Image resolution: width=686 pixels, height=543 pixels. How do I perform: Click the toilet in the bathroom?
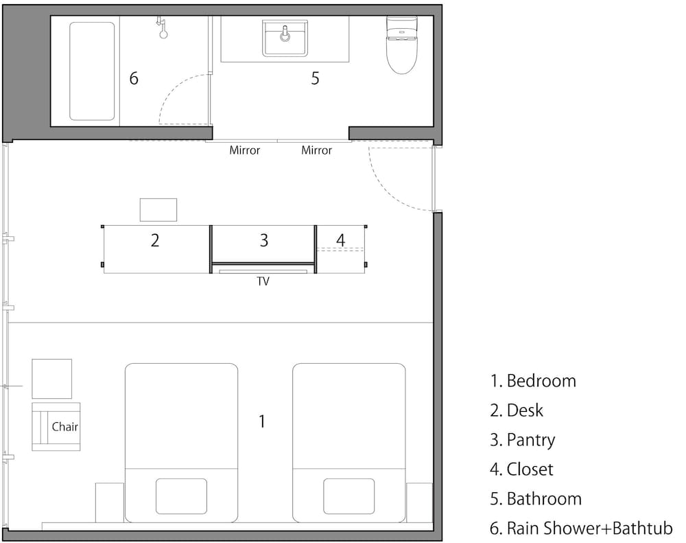coord(401,45)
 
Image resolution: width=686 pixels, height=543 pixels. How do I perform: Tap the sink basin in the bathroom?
coord(285,38)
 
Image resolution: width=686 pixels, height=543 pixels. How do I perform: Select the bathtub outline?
coord(92,71)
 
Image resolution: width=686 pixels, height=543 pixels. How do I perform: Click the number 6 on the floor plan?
coord(134,78)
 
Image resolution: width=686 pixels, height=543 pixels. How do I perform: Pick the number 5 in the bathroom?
coord(315,78)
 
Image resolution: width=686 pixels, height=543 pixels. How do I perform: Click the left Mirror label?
coord(245,150)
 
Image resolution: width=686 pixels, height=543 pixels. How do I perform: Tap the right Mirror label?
coord(316,150)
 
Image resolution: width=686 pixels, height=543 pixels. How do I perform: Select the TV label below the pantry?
coord(263,281)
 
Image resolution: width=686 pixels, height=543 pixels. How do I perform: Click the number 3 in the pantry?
coord(264,240)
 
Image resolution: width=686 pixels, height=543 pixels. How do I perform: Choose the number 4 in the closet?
coord(340,240)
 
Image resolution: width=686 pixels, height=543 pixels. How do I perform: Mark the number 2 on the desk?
coord(155,240)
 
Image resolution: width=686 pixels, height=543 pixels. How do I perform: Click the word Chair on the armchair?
coord(64,426)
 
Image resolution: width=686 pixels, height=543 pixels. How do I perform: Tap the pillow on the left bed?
coord(181,496)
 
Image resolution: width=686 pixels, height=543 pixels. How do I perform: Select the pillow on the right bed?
coord(348,496)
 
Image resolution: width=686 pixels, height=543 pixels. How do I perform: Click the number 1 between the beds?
coord(261,421)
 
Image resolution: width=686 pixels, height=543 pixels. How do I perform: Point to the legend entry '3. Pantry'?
coord(522,440)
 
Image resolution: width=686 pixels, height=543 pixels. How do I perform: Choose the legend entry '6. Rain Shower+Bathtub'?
coord(581,529)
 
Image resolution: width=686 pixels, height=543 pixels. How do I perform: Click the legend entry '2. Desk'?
coord(517,411)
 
